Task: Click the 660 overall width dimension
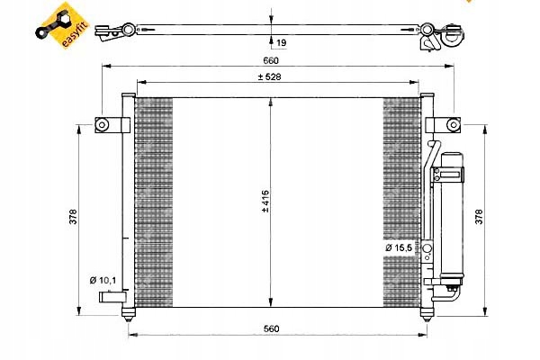pyautogui.click(x=270, y=61)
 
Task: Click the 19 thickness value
pyautogui.click(x=282, y=41)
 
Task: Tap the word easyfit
pyautogui.click(x=66, y=32)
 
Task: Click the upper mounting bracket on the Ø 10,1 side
pyautogui.click(x=108, y=125)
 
